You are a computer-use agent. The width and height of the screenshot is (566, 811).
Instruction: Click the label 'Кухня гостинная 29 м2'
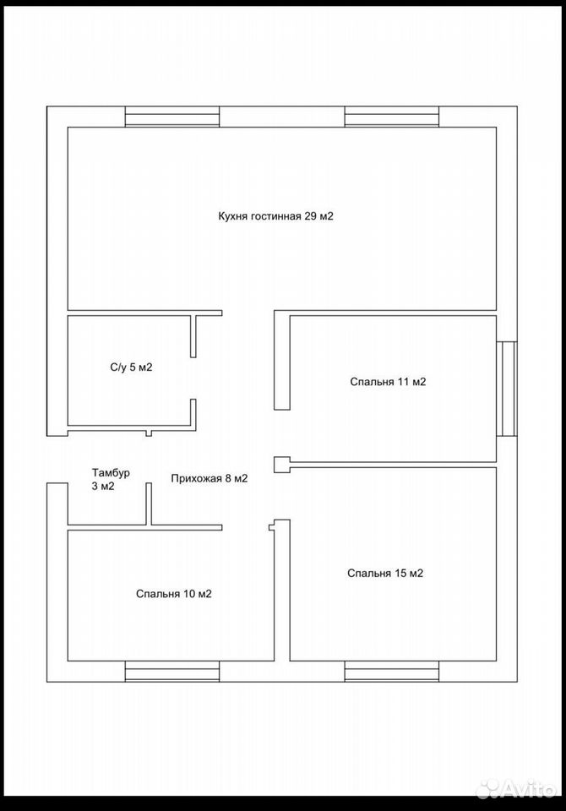[x=275, y=216]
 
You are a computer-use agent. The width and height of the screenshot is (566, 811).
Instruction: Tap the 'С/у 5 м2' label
[x=132, y=367]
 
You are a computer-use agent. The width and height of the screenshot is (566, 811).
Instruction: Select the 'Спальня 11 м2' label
[x=388, y=382]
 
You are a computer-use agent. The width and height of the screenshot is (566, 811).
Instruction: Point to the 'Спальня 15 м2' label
[x=385, y=573]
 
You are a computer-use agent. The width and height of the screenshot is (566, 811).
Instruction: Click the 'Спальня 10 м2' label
[x=174, y=594]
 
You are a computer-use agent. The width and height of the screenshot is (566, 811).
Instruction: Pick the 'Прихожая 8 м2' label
[x=210, y=479]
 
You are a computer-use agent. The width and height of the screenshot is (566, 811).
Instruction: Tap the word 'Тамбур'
[x=111, y=473]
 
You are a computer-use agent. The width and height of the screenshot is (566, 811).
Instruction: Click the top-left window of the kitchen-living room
[x=172, y=117]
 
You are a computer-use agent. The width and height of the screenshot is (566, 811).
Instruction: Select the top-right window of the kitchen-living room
[x=392, y=117]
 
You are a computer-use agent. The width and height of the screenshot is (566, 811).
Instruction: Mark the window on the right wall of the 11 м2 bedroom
[x=507, y=389]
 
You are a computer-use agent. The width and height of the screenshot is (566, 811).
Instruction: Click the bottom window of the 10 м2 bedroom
[x=172, y=672]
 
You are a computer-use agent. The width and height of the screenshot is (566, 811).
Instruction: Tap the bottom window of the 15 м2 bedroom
[x=392, y=672]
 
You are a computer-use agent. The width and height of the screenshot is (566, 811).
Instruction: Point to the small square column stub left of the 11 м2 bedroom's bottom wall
[x=281, y=465]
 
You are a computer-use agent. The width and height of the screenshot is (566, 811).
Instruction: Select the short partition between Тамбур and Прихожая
[x=149, y=504]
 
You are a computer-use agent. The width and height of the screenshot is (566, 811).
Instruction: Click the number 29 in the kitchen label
[x=310, y=216]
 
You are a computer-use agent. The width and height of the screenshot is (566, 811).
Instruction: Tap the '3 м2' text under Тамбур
[x=103, y=487]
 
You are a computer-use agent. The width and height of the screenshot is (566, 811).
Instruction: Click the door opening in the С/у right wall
[x=193, y=378]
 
